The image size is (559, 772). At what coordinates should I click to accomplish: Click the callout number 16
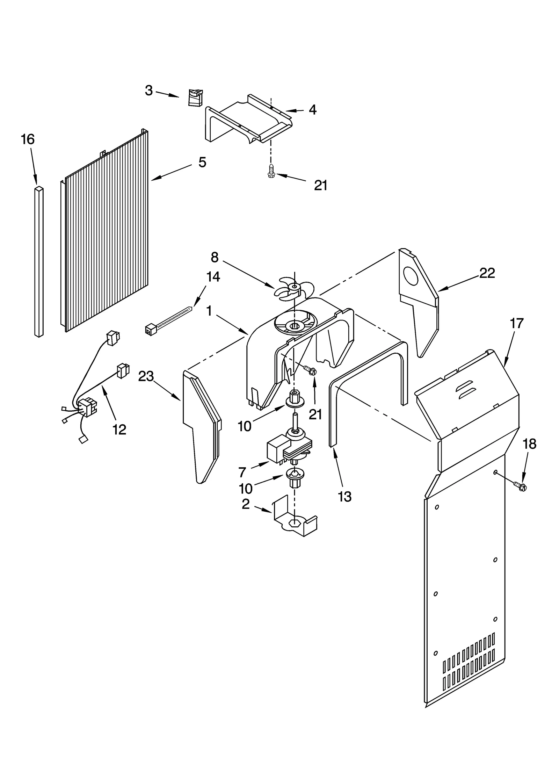click(x=28, y=139)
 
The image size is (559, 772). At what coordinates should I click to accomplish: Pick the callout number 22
click(x=487, y=273)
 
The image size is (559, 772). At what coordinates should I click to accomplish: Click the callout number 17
click(x=517, y=323)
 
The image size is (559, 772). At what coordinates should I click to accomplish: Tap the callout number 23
click(x=146, y=376)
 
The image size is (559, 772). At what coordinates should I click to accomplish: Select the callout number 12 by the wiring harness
click(x=119, y=430)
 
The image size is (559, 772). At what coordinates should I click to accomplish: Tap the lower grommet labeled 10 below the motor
click(x=292, y=477)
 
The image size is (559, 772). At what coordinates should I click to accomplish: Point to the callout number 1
click(x=209, y=310)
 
